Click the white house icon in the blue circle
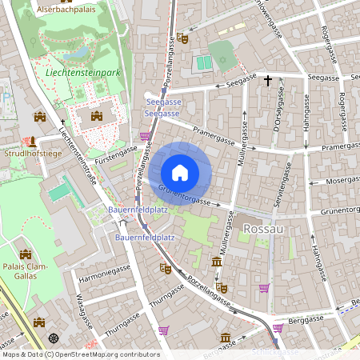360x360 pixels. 180,172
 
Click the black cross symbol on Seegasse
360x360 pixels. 270,80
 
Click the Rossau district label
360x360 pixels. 264,229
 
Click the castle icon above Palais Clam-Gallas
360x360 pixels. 25,254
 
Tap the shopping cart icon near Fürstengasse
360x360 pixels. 145,136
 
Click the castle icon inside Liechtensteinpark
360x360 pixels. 97,117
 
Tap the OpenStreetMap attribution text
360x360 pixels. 80,354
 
